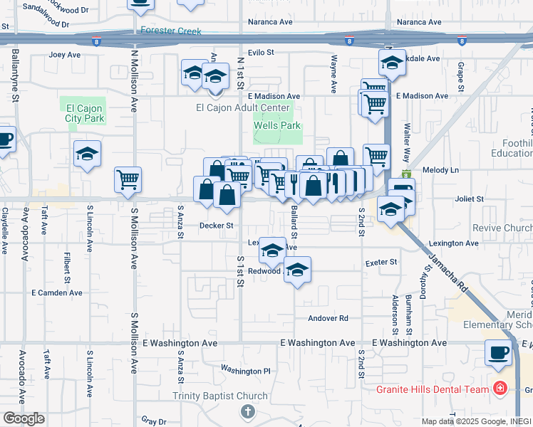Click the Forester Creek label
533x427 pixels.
pyautogui.click(x=171, y=31)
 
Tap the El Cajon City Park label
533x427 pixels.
pyautogui.click(x=85, y=113)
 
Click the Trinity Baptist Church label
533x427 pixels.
pyautogui.click(x=217, y=396)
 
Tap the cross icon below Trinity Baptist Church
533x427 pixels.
pyautogui.click(x=247, y=411)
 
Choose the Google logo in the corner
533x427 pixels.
pyautogui.click(x=24, y=418)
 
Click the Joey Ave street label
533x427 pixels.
pyautogui.click(x=66, y=54)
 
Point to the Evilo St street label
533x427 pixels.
pyautogui.click(x=261, y=53)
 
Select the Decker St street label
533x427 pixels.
pyautogui.click(x=217, y=226)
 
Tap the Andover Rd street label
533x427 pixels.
pyautogui.click(x=328, y=318)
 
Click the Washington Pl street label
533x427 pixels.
pyautogui.click(x=246, y=370)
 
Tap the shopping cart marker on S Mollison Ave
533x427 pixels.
pyautogui.click(x=128, y=179)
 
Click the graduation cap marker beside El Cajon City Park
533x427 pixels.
pyautogui.click(x=87, y=153)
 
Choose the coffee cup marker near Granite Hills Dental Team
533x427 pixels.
pyautogui.click(x=498, y=352)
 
